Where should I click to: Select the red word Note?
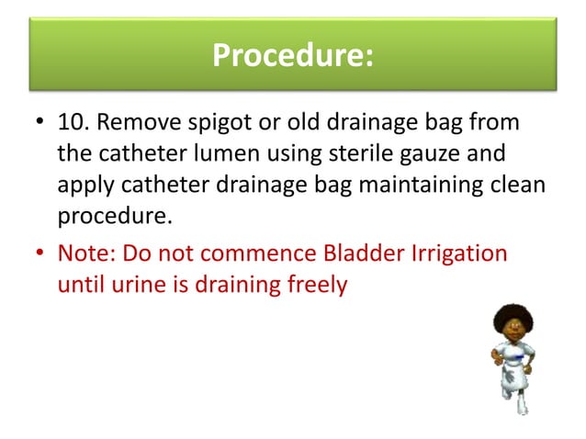(x=82, y=252)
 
